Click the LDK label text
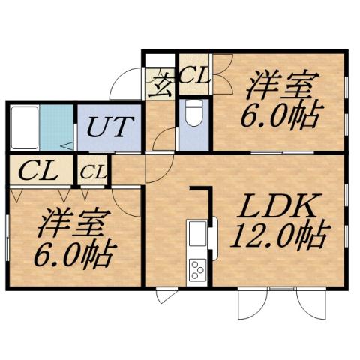pyautogui.click(x=280, y=205)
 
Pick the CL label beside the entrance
pyautogui.click(x=193, y=76)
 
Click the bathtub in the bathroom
pyautogui.click(x=23, y=129)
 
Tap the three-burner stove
pyautogui.click(x=198, y=268)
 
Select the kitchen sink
pyautogui.click(x=197, y=235)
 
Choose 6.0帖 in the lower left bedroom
pyautogui.click(x=74, y=253)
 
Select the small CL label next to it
pyautogui.click(x=93, y=172)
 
